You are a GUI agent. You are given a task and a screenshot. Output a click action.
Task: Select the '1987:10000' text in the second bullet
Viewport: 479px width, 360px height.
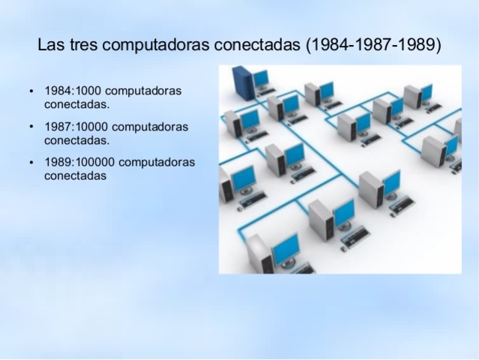tap(73, 126)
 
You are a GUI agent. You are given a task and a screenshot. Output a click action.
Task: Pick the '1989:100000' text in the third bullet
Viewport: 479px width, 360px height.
tap(76, 161)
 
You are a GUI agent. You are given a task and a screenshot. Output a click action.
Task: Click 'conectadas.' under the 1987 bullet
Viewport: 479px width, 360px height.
tap(76, 139)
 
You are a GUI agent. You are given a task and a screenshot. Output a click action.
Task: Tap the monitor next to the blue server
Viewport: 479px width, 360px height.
tap(260, 79)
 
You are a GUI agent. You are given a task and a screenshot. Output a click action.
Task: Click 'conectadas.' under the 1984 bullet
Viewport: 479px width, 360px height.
tap(76, 104)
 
